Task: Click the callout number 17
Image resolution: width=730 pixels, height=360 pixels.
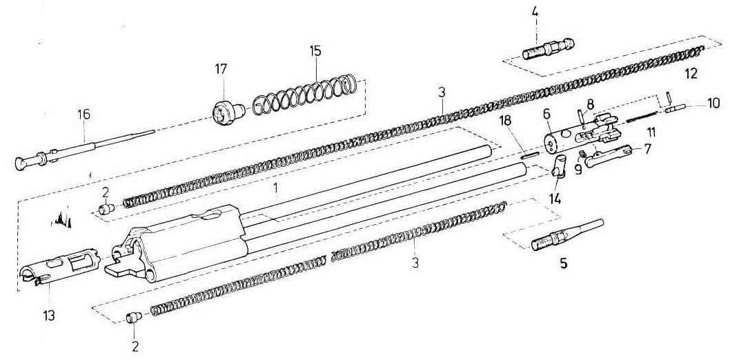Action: [221, 70]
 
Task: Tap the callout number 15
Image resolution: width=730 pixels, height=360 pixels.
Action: [315, 51]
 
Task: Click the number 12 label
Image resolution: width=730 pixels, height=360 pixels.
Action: [691, 73]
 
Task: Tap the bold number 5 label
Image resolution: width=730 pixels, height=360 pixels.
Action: [562, 264]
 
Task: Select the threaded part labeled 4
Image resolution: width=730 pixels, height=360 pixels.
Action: [549, 49]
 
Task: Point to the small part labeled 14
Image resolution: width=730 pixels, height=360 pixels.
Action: [560, 167]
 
